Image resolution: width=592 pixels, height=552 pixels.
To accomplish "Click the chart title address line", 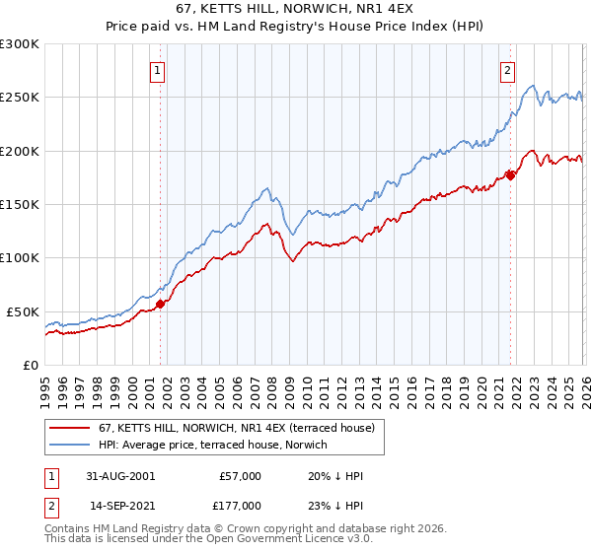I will click(295, 9).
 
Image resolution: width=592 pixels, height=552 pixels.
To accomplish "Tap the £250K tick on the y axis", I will click(20, 98).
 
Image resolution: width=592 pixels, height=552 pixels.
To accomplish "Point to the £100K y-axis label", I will click(20, 257).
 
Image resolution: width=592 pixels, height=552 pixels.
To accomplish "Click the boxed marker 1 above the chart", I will click(159, 70).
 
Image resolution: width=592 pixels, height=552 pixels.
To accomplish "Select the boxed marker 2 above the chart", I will click(507, 70).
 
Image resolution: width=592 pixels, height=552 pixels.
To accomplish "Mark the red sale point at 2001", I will click(160, 304).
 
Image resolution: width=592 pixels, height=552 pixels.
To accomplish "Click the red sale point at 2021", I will click(510, 175).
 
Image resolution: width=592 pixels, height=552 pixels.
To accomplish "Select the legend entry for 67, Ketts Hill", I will click(222, 428).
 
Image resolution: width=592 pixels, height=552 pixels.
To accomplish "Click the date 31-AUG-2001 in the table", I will click(121, 476).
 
